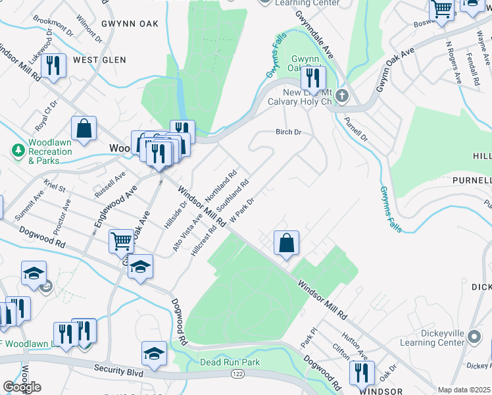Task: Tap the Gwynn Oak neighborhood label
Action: [x=130, y=24]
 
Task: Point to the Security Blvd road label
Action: [x=118, y=369]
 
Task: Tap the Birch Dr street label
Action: [x=288, y=132]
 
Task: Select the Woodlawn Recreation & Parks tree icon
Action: [x=18, y=151]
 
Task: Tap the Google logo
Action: [x=22, y=387]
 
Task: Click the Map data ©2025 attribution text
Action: [x=464, y=390]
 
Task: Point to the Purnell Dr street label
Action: [x=355, y=128]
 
